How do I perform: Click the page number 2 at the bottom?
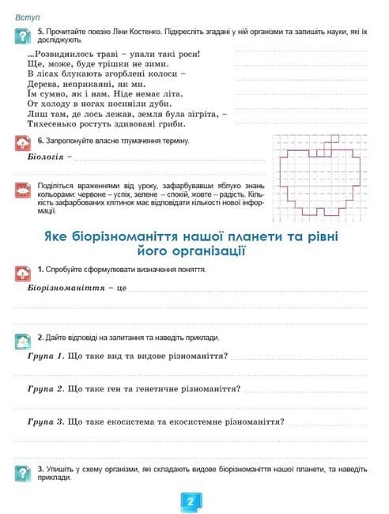click(191, 501)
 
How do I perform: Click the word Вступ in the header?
click(28, 16)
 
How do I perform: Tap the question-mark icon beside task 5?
click(23, 34)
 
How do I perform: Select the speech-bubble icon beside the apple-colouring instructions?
click(23, 191)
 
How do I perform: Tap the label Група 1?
click(46, 356)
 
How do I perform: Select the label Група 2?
click(46, 389)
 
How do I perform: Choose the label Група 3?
click(46, 421)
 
